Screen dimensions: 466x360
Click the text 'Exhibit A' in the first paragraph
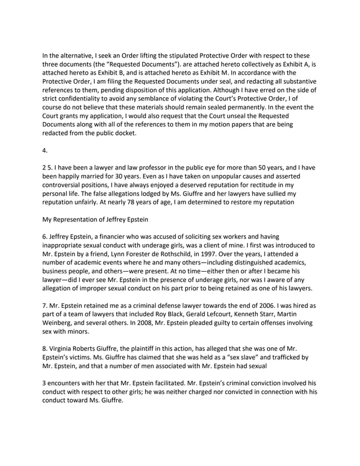point(295,64)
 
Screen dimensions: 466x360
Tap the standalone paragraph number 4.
point(45,151)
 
